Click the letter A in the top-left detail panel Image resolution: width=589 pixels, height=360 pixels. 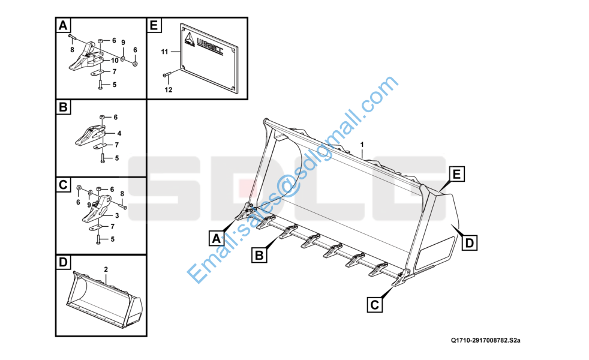[x=63, y=26]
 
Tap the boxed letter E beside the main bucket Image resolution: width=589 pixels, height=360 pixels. [x=456, y=175]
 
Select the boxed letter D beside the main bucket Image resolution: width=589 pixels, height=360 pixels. [x=469, y=243]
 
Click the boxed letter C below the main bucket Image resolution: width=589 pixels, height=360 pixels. [x=374, y=304]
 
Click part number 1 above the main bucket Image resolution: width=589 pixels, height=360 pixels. [x=362, y=145]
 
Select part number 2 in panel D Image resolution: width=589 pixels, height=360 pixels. [x=106, y=269]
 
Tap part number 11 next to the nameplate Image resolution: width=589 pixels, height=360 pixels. [x=164, y=52]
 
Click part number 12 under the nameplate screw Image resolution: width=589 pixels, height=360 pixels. [x=169, y=89]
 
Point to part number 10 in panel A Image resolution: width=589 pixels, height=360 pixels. [x=115, y=60]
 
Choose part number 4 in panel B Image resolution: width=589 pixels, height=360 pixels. [x=119, y=133]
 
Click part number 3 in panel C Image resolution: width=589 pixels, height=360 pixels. [x=117, y=215]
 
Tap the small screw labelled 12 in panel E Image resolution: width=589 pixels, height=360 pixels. [x=167, y=74]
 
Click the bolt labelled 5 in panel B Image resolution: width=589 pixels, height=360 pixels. [x=102, y=158]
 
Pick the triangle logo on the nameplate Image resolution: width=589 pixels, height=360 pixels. [x=190, y=40]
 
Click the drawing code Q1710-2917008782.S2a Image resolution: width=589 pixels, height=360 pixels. [x=486, y=340]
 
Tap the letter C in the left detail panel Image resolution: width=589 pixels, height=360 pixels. [x=63, y=185]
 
